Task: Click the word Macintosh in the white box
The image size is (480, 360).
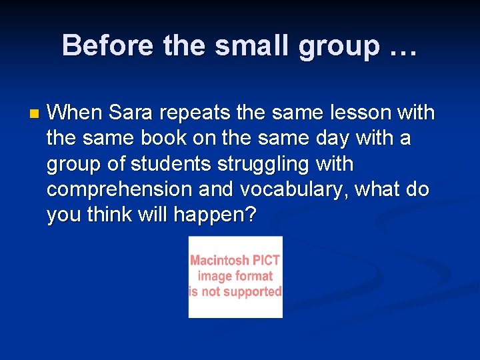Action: pyautogui.click(x=219, y=261)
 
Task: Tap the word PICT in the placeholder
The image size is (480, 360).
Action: pyautogui.click(x=266, y=261)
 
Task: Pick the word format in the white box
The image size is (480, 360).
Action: pyautogui.click(x=254, y=276)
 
